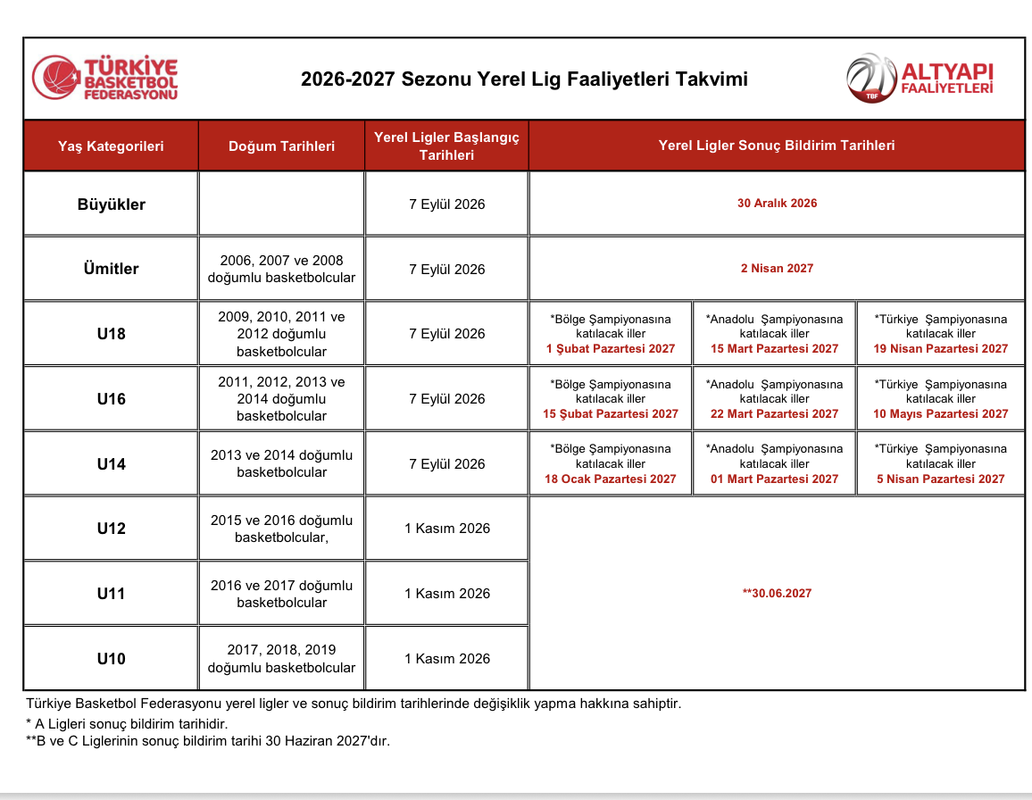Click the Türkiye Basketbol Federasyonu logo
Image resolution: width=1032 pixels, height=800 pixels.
105,78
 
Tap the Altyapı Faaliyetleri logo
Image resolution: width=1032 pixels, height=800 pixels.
920,79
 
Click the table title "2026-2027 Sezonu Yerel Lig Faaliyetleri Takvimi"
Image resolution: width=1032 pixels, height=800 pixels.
524,79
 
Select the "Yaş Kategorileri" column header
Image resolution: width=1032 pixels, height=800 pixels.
111,146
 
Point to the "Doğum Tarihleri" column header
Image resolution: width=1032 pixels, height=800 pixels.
282,146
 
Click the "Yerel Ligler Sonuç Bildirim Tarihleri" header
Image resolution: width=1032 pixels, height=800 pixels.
777,145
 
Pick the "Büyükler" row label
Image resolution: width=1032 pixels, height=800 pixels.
112,204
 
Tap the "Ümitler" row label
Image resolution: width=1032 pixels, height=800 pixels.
112,269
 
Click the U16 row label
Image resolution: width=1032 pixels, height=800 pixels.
112,399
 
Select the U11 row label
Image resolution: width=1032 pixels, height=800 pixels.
112,593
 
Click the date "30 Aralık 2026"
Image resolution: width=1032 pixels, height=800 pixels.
777,203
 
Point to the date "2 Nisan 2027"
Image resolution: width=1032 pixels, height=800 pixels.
777,268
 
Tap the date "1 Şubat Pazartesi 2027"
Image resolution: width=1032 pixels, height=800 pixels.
610,348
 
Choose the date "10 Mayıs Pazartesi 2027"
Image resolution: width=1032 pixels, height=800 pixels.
941,413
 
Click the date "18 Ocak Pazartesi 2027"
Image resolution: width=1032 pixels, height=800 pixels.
610,479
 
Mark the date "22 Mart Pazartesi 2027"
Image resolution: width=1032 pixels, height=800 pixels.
774,413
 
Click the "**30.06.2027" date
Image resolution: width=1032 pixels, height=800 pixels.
777,593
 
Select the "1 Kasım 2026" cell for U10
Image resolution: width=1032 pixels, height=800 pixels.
447,658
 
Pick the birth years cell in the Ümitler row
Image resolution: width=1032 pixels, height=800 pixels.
282,269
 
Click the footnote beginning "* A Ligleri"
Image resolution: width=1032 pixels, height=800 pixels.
127,723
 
